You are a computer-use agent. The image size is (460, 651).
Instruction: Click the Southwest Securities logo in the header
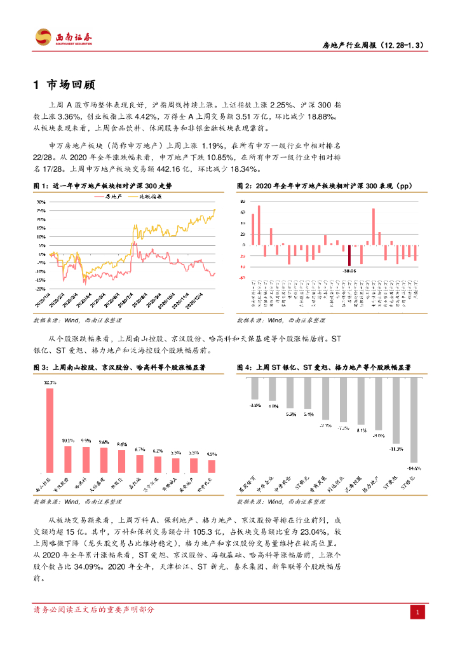[x=64, y=37]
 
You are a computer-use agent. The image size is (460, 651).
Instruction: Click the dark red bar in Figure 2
[x=349, y=256]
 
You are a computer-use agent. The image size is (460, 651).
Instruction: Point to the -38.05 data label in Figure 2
[x=349, y=270]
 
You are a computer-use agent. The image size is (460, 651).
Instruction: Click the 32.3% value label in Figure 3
[x=50, y=383]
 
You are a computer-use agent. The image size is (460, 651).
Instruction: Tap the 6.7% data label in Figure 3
[x=140, y=449]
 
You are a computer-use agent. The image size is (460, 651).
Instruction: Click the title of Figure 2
[x=323, y=186]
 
